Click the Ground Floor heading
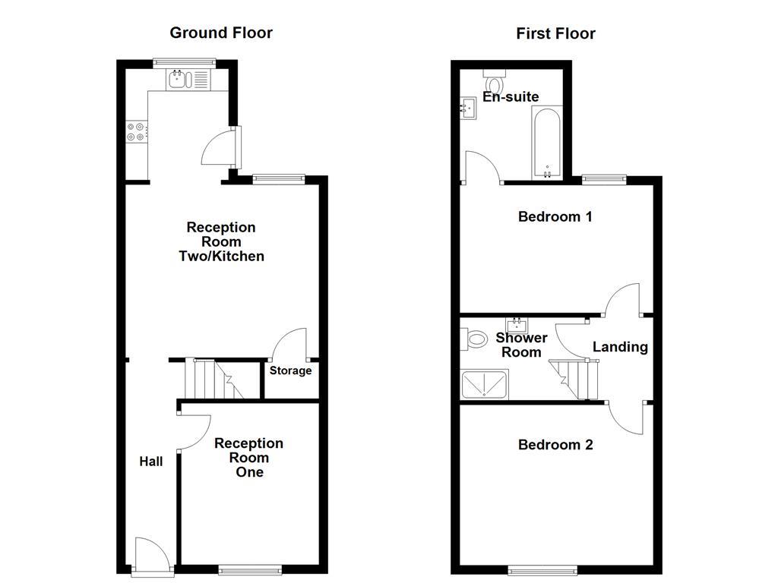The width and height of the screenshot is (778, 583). [220, 33]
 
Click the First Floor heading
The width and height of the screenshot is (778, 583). [555, 33]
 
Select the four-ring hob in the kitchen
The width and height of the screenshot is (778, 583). [136, 132]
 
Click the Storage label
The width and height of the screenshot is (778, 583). [290, 370]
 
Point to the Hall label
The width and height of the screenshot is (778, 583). [150, 461]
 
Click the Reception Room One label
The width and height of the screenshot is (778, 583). [248, 458]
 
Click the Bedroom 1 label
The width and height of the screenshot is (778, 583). [555, 217]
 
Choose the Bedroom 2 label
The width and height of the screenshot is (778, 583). [555, 445]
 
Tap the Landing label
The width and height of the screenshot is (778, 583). [620, 347]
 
